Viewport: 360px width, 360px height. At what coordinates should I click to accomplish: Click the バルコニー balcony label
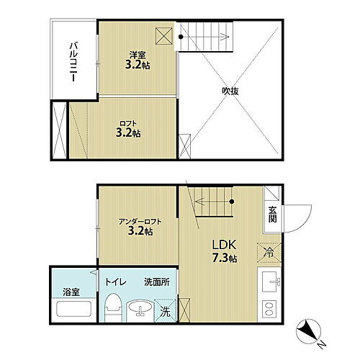coord(73,63)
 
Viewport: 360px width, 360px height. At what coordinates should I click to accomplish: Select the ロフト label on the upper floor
coord(127,123)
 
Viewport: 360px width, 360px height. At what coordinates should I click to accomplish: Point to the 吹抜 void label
coord(230,91)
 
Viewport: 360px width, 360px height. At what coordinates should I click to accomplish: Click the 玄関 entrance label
coord(273,214)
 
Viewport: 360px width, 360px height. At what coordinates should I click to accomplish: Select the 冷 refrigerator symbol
coord(268,253)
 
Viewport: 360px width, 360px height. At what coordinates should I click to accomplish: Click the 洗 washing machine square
coord(166,312)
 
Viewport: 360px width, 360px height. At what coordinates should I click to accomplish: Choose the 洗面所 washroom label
coord(156,282)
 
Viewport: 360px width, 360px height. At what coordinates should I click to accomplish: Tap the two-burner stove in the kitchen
coord(270,310)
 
